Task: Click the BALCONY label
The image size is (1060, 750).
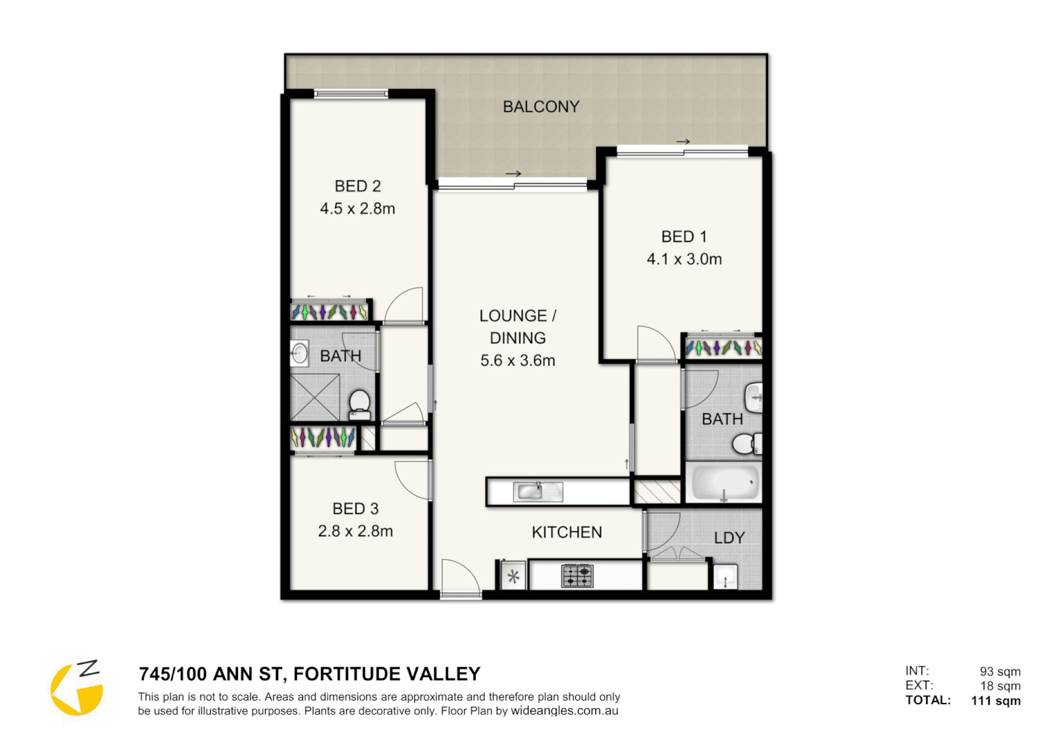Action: coord(540,107)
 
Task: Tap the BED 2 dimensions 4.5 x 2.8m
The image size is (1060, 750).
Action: coord(357,208)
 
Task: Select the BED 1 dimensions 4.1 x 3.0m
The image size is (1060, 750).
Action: coord(684,259)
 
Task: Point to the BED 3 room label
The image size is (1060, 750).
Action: coord(355,509)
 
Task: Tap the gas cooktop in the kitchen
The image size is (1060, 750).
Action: coord(577,576)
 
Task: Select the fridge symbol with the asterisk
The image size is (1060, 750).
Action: coord(513,576)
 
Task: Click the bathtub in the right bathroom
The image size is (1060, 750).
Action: coord(724,483)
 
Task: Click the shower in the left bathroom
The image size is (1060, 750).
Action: coord(315,397)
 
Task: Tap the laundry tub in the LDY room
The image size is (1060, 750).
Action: coord(725,577)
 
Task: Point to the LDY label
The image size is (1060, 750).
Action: coord(729,538)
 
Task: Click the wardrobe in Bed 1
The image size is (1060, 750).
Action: coord(723,347)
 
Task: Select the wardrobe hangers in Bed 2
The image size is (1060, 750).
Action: coord(329,312)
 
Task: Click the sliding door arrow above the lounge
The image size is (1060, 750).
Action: coord(513,174)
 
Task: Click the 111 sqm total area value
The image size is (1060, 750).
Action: coord(995,701)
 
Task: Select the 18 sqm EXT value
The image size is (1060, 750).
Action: coord(1000,686)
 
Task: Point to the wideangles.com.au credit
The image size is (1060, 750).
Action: coord(565,711)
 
